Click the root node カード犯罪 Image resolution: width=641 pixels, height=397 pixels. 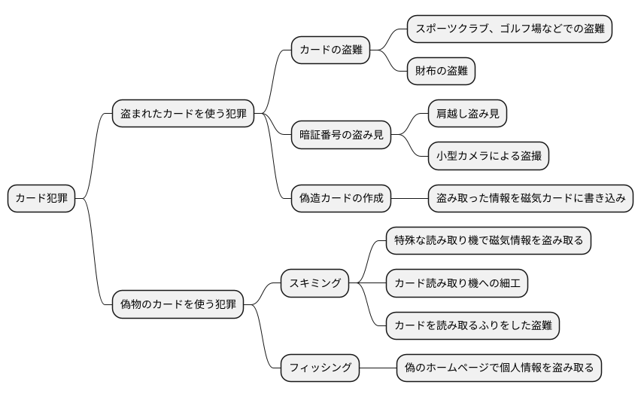[41, 199]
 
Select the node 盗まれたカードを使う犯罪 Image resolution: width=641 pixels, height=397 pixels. [183, 115]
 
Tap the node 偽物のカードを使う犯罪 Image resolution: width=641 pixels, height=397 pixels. [178, 304]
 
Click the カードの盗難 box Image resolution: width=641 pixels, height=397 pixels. [331, 50]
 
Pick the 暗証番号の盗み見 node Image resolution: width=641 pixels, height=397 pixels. [342, 136]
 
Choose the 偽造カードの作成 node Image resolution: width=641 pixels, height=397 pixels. [342, 199]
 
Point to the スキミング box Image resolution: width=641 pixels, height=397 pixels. [314, 283]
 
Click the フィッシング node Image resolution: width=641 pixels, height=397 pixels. [320, 368]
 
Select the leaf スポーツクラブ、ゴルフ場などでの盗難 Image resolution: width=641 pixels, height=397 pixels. [509, 29]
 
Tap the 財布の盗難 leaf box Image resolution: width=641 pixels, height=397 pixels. [441, 72]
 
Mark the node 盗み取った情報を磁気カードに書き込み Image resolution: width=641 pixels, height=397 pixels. [530, 199]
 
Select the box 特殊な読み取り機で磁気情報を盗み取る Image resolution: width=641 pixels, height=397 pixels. [488, 241]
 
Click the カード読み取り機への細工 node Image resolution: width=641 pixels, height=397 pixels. [457, 283]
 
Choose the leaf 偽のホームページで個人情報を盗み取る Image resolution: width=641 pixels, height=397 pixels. [499, 368]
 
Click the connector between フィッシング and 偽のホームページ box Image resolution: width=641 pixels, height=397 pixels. [378, 368]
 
